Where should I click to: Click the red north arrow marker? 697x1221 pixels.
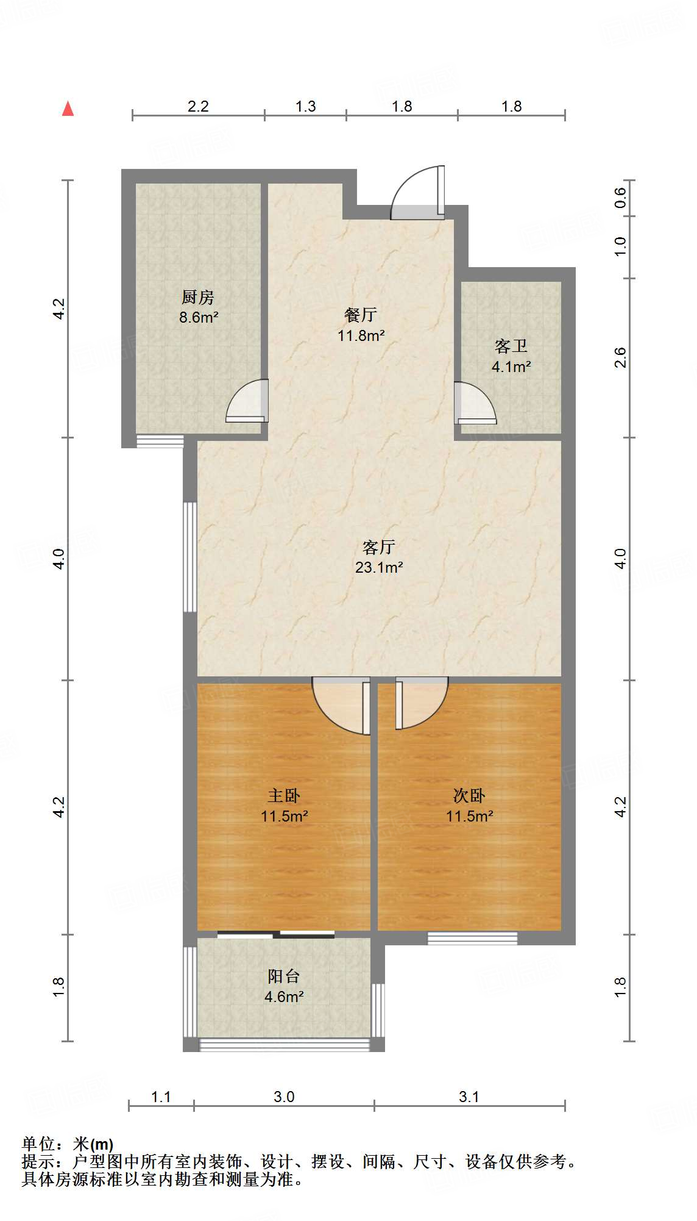click(x=68, y=109)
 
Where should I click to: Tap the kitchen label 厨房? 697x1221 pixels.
click(x=198, y=298)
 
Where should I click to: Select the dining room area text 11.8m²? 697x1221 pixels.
click(x=361, y=335)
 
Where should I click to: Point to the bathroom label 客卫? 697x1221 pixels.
click(x=511, y=346)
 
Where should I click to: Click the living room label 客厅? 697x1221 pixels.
click(x=379, y=546)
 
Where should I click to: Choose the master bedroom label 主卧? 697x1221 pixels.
click(x=284, y=795)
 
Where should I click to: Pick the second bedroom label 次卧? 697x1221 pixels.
click(x=469, y=795)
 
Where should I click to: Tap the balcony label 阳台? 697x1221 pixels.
click(x=284, y=976)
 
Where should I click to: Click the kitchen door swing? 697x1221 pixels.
click(x=248, y=402)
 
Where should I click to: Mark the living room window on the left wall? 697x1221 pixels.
click(x=190, y=556)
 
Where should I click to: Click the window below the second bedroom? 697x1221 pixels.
click(x=472, y=938)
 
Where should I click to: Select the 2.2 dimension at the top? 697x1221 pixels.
click(x=198, y=107)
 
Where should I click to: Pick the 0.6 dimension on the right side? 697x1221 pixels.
click(x=620, y=197)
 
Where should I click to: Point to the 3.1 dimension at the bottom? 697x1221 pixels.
click(x=469, y=1097)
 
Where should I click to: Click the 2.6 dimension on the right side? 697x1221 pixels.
click(x=620, y=357)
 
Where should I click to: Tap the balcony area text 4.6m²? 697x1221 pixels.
click(x=284, y=997)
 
